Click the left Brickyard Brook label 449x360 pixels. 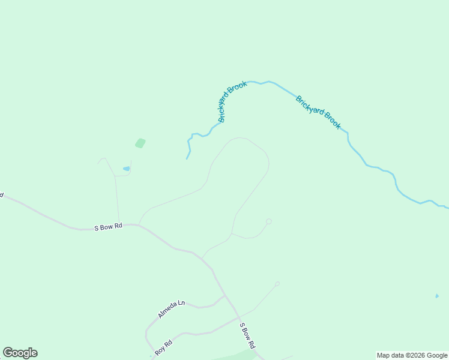point(233,101)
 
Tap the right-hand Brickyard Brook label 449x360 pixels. point(318,112)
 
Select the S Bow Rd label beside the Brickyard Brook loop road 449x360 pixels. point(108,227)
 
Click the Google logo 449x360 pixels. point(20,353)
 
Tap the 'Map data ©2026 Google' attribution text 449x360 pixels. point(412,355)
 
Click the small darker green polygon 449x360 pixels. point(140,143)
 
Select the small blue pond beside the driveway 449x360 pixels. point(126,169)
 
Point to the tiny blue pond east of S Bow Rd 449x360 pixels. point(436,296)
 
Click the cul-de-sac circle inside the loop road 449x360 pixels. point(268,221)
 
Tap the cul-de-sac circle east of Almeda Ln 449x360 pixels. point(277,284)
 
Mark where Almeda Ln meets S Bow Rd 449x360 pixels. point(225,295)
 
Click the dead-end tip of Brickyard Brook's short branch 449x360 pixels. point(187,158)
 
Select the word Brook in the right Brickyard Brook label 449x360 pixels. point(333,121)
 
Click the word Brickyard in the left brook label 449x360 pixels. point(228,108)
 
